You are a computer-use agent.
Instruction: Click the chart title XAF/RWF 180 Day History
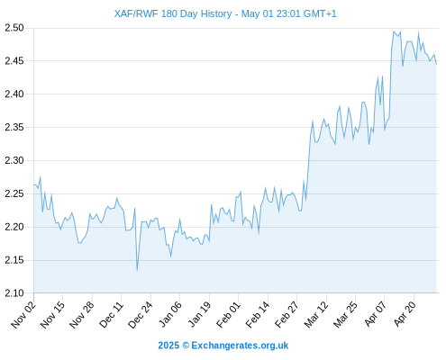pos(173,13)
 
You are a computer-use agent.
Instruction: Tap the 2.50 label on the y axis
pos(14,28)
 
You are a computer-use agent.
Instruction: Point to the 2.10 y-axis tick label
pos(14,293)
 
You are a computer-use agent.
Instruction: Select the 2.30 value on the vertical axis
pos(14,160)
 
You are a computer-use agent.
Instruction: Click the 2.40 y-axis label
pos(14,94)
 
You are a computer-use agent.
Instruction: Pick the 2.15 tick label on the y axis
pos(14,260)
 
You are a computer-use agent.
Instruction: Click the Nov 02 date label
pos(23,314)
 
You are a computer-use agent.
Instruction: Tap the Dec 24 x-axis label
pos(141,314)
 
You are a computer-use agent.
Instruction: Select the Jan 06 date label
pos(169,314)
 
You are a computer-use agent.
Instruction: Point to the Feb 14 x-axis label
pos(258,314)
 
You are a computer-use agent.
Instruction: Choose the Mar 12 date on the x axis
pos(316,314)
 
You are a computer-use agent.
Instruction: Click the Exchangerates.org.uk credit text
pos(240,346)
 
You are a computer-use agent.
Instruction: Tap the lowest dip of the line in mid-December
pos(137,270)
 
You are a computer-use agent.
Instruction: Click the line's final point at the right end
pos(436,64)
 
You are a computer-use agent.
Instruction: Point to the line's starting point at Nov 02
pos(34,184)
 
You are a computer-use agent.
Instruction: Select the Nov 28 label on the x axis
pos(82,314)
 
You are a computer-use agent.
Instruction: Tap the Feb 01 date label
pos(228,314)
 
